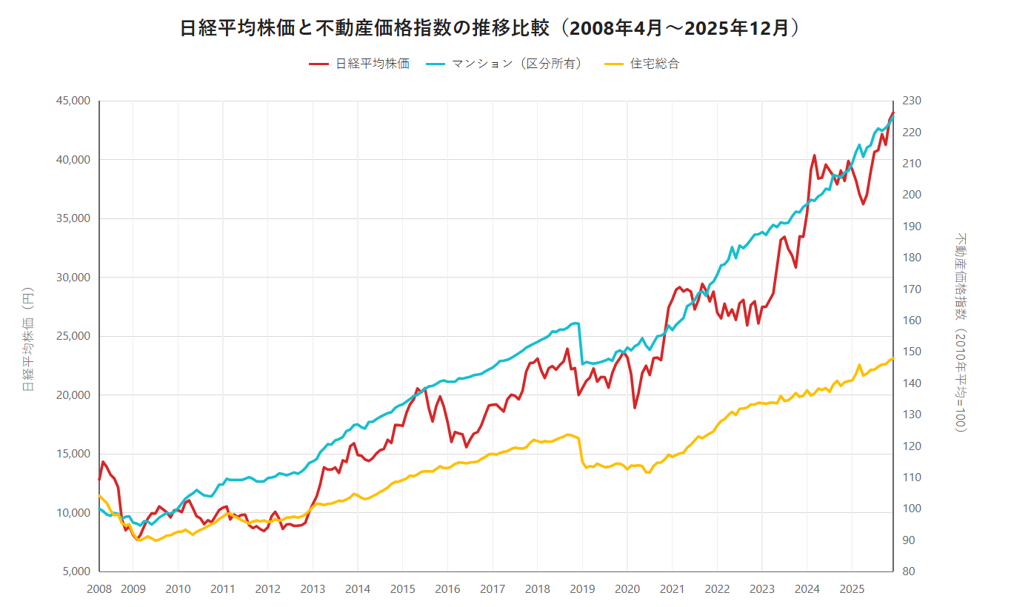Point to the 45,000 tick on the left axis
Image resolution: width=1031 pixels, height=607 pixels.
pos(73,101)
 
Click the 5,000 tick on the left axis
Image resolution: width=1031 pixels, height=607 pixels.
pos(76,571)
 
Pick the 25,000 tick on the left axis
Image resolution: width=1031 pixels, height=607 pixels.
pos(73,336)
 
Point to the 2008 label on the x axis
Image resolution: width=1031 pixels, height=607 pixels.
pos(99,589)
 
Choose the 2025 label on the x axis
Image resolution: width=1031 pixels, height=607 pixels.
pos(853,589)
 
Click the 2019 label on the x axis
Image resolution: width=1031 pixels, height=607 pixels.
pos(582,589)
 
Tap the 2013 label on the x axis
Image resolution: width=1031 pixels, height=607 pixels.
pos(313,589)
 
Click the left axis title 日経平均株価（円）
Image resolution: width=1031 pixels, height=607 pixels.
pos(28,338)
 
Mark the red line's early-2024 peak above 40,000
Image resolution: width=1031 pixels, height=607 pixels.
pos(814,155)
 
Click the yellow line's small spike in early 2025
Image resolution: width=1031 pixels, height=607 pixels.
pos(859,365)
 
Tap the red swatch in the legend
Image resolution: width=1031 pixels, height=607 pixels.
pos(318,64)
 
